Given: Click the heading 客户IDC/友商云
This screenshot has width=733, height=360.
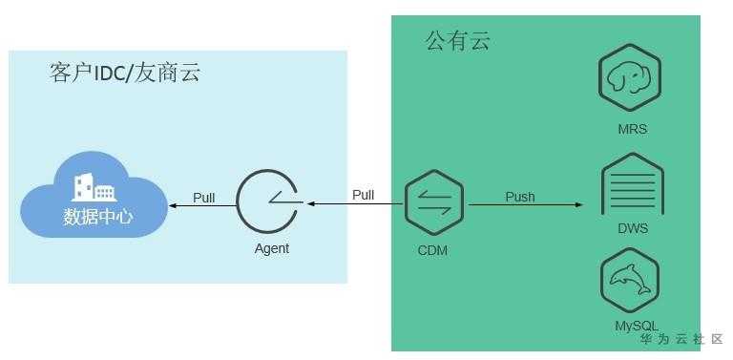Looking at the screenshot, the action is pyautogui.click(x=125, y=73).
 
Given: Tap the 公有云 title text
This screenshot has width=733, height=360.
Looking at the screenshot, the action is pyautogui.click(x=458, y=40).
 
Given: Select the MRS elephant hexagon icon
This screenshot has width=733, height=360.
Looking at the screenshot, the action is pyautogui.click(x=630, y=77).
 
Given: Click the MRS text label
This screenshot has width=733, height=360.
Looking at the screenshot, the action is pyautogui.click(x=633, y=129).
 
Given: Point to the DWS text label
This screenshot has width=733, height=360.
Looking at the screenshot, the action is pyautogui.click(x=633, y=228).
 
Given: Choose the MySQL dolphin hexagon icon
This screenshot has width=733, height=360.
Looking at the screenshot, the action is pyautogui.click(x=630, y=281).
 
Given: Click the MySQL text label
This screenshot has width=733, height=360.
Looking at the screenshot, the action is pyautogui.click(x=637, y=326).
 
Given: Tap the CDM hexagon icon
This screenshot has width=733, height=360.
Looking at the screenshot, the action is pyautogui.click(x=434, y=202).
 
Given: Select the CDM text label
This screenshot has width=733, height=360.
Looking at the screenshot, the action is pyautogui.click(x=432, y=250).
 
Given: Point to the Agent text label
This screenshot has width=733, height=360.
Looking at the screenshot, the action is pyautogui.click(x=272, y=248).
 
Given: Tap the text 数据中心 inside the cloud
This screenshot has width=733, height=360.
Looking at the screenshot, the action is pyautogui.click(x=98, y=218).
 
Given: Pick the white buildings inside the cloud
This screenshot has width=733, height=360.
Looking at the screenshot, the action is pyautogui.click(x=94, y=187).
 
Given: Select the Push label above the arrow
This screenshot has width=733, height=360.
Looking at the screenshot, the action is pyautogui.click(x=520, y=197).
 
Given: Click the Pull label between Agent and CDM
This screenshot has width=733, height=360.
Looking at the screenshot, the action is pyautogui.click(x=364, y=195).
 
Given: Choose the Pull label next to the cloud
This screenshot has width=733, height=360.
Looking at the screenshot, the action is pyautogui.click(x=204, y=198).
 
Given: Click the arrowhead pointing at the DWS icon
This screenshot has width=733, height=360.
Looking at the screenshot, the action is pyautogui.click(x=579, y=204).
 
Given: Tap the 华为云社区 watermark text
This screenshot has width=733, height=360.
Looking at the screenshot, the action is pyautogui.click(x=681, y=339).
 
